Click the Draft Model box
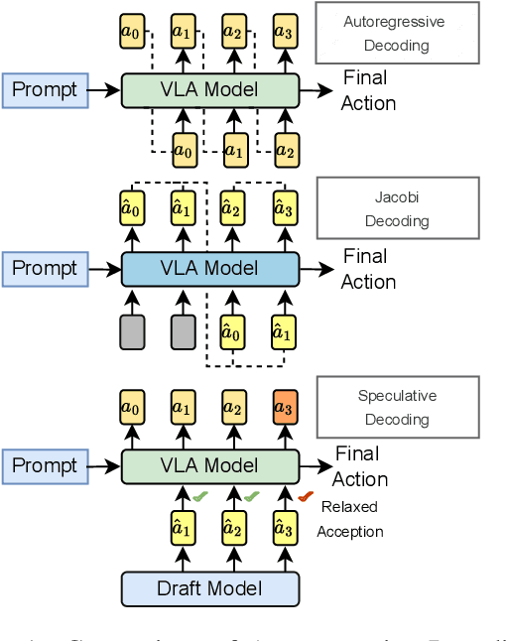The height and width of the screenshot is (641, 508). point(209,589)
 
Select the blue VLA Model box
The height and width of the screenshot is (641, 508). point(209,269)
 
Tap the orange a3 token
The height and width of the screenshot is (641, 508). point(285,408)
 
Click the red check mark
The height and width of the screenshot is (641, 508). point(305,496)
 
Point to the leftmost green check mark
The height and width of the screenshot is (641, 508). point(200,496)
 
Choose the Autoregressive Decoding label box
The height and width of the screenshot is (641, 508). point(396,33)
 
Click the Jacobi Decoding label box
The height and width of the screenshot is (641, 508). point(396,208)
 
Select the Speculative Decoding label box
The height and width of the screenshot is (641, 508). point(396,407)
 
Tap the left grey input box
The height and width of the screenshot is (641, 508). point(132,331)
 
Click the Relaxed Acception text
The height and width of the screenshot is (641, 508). point(349,519)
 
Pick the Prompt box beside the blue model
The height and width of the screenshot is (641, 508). point(44,269)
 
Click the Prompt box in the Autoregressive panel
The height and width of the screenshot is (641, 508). point(44,90)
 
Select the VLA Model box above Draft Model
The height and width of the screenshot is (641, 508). point(209,465)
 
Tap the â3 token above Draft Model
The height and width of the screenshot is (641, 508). point(285,528)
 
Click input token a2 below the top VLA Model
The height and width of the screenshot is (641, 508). point(285,151)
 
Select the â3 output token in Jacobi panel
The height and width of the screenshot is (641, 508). point(285,209)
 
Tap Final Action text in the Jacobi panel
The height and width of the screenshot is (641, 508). point(368,269)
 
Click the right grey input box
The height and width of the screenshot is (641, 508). point(184,331)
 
